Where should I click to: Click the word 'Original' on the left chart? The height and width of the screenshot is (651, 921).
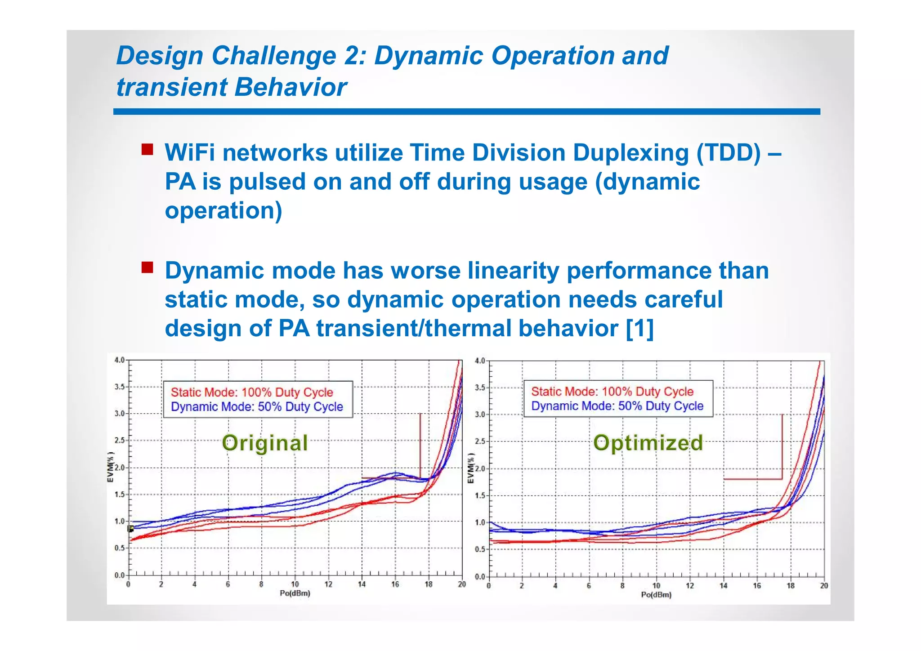coord(265,443)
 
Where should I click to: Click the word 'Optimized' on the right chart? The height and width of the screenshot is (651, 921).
coord(648,443)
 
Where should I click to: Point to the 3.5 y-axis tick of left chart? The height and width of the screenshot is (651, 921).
coord(120,387)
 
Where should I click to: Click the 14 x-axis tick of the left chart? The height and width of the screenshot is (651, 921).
coord(362,584)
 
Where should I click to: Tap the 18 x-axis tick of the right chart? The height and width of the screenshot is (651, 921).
coord(790,586)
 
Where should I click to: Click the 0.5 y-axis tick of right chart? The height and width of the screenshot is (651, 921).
coord(480,549)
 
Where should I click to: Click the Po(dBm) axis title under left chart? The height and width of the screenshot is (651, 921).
coord(295,593)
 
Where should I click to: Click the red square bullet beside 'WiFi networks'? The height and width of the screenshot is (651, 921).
coord(147,149)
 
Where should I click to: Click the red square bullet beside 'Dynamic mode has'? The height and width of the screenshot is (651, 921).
coord(147,268)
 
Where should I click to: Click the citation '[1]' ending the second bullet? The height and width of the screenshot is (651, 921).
coord(639,328)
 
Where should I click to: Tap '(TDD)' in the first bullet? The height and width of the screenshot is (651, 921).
coord(729,153)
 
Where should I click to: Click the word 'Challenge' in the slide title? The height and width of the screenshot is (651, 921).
coord(273,56)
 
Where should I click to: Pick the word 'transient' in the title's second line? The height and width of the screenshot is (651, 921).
coord(171,87)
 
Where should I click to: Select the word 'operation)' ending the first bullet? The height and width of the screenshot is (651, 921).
coord(224,210)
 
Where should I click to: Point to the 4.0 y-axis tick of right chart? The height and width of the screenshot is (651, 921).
coord(480,361)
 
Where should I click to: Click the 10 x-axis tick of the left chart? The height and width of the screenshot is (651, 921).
coord(295,584)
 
